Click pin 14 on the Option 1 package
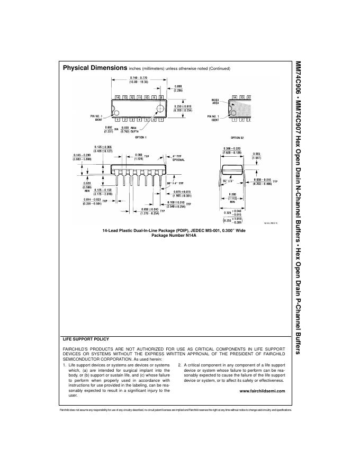[118, 97]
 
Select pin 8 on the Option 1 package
[160, 97]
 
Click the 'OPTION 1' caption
[140, 137]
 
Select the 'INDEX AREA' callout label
[215, 101]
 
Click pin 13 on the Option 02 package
[242, 97]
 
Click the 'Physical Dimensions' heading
[95, 68]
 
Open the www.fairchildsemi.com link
[263, 391]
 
